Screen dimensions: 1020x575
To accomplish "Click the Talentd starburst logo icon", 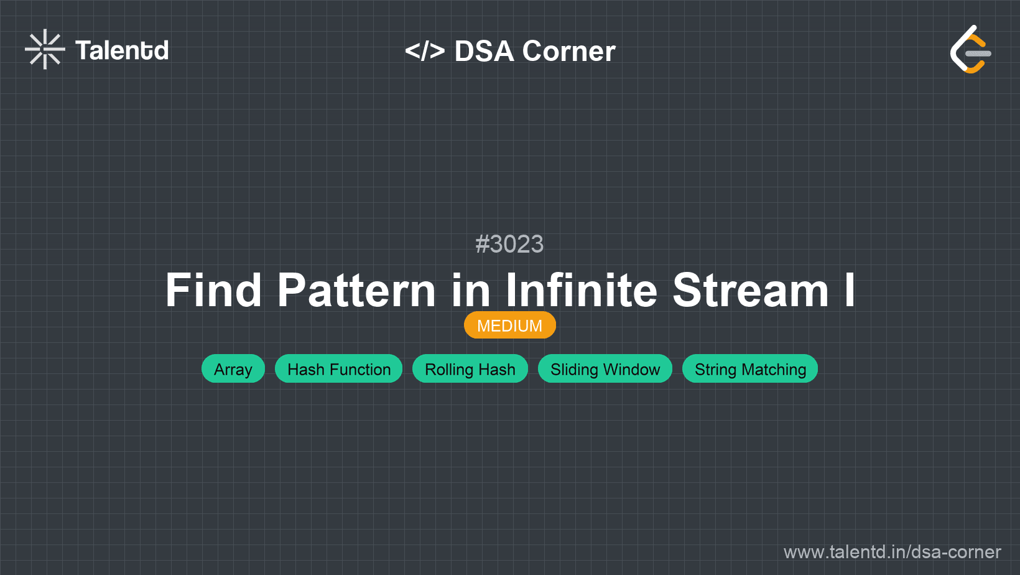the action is point(45,49).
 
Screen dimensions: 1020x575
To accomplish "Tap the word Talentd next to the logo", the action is point(122,50).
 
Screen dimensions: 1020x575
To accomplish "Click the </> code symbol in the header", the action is point(425,50).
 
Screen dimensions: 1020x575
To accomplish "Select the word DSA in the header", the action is point(484,50).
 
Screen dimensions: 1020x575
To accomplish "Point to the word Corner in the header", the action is point(568,50).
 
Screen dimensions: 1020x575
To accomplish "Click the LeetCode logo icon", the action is point(970,49).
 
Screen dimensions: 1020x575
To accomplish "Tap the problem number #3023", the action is point(509,244).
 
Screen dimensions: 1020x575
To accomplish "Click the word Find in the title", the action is point(213,290).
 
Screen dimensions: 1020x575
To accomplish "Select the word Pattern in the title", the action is point(356,290).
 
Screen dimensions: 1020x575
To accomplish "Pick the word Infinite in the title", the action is point(582,290).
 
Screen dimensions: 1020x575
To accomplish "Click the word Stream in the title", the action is point(751,290).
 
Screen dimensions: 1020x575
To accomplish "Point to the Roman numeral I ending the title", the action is point(850,290).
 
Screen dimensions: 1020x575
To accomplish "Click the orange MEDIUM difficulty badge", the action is point(510,325).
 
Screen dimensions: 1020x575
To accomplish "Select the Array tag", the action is point(233,368).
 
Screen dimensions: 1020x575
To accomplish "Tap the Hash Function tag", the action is point(339,368).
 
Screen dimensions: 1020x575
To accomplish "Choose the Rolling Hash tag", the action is point(470,368).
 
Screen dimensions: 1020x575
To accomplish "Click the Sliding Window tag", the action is point(605,368).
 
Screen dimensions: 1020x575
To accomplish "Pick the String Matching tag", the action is point(750,368).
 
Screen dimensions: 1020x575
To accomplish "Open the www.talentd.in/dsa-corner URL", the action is point(892,552).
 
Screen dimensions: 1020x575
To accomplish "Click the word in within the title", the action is point(471,290).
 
